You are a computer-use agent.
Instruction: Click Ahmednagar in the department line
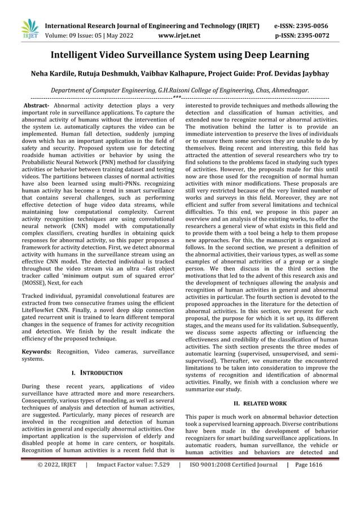(287, 90)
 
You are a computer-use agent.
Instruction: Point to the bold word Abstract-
(34, 106)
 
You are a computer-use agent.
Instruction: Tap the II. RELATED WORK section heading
(261, 403)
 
